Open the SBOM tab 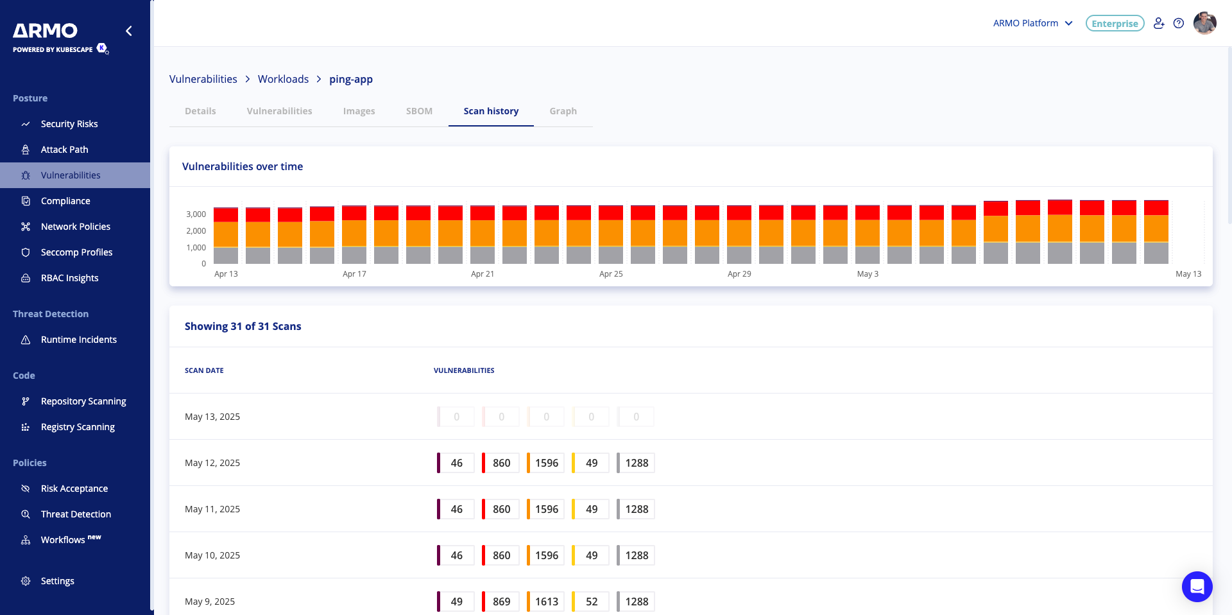point(419,111)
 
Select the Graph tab point(563,111)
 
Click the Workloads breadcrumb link point(283,79)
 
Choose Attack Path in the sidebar point(64,150)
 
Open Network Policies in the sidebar point(75,227)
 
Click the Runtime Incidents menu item point(78,340)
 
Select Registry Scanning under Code point(78,427)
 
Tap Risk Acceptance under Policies point(74,489)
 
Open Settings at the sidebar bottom point(57,581)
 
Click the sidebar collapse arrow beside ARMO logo point(129,31)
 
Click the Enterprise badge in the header point(1115,24)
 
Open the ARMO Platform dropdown point(1032,23)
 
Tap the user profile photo point(1204,23)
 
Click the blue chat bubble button point(1197,586)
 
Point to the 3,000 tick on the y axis point(196,214)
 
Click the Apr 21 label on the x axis point(483,274)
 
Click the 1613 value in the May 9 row point(547,602)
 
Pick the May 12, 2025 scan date point(212,463)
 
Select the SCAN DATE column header point(204,370)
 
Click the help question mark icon point(1178,23)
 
